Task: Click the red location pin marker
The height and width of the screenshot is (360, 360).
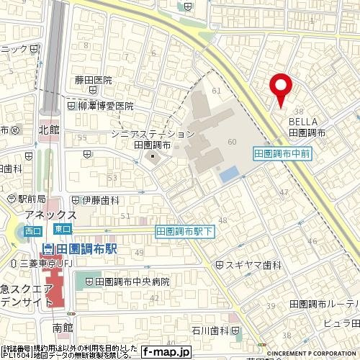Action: point(280,89)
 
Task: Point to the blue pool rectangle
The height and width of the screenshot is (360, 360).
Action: point(228,174)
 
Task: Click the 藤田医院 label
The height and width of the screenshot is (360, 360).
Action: point(94,81)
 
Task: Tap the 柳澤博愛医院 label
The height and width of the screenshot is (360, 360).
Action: point(104,105)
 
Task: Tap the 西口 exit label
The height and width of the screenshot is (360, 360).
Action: point(32,231)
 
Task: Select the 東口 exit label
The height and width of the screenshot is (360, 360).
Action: point(62,229)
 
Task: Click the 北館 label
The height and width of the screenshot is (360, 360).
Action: point(48,130)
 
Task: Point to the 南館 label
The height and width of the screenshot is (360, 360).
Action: point(63,327)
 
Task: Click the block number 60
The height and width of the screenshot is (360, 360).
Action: point(231,141)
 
